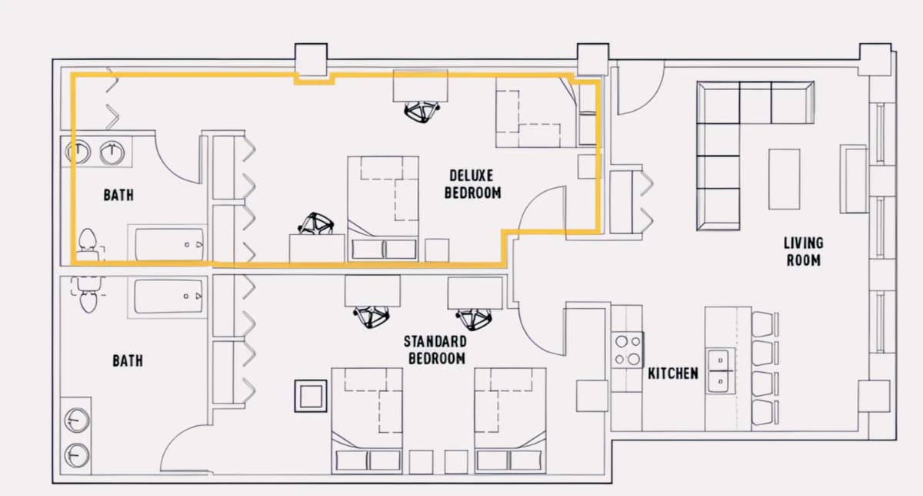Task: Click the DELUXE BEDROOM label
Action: pyautogui.click(x=472, y=184)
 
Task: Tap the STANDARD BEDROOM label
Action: pyautogui.click(x=435, y=350)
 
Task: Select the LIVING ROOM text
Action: pyautogui.click(x=804, y=252)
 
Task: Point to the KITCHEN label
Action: pyautogui.click(x=673, y=374)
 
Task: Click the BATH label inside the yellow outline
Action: pyautogui.click(x=118, y=195)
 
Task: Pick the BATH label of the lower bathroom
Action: pyautogui.click(x=128, y=361)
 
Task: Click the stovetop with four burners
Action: pyautogui.click(x=627, y=350)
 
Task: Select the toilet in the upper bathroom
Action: pyautogui.click(x=88, y=245)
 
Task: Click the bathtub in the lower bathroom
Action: pyautogui.click(x=168, y=297)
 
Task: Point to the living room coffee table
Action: pyautogui.click(x=784, y=179)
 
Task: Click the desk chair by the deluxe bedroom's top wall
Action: pyautogui.click(x=422, y=112)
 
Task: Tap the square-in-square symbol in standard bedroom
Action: pyautogui.click(x=311, y=396)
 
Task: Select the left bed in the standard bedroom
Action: pyautogui.click(x=367, y=420)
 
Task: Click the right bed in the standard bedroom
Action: pyautogui.click(x=510, y=420)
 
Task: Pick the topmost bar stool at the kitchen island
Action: pyautogui.click(x=765, y=324)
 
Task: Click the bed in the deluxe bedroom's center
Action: pyautogui.click(x=383, y=209)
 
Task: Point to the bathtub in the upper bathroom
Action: pyautogui.click(x=169, y=244)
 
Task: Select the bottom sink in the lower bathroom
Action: pyautogui.click(x=77, y=455)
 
